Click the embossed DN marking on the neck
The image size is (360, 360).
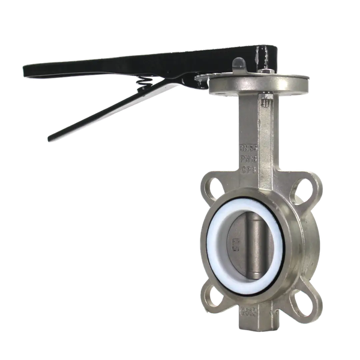click(248, 145)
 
